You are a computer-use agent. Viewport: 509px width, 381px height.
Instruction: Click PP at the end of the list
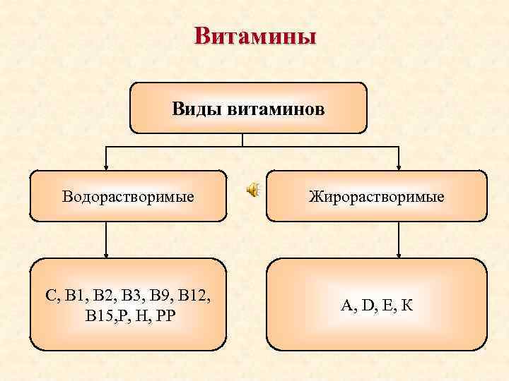click(x=166, y=312)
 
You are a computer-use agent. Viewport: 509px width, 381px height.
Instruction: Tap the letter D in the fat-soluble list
click(x=367, y=305)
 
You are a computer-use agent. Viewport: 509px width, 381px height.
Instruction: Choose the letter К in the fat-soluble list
click(x=408, y=305)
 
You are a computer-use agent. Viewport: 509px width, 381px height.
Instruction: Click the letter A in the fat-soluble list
click(x=346, y=305)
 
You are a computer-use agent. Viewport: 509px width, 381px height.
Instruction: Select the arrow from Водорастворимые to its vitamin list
click(x=106, y=240)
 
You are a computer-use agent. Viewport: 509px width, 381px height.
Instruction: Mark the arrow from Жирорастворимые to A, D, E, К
click(x=399, y=240)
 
